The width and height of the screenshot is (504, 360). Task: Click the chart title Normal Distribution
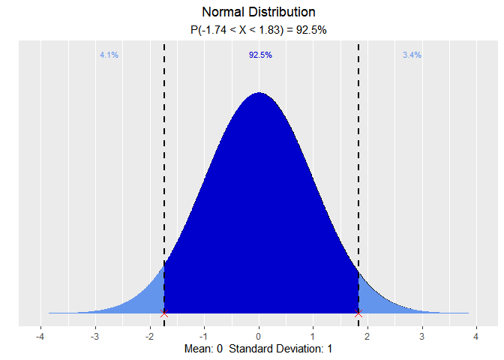pos(259,13)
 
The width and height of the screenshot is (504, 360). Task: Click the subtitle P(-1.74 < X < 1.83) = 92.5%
pos(259,30)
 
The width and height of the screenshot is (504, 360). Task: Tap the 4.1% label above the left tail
pos(109,55)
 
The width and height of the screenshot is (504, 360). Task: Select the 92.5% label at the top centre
pos(260,55)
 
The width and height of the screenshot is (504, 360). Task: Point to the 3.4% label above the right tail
pos(412,55)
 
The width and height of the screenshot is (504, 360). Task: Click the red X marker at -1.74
pos(164,313)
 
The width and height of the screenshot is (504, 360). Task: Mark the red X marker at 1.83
pos(358,313)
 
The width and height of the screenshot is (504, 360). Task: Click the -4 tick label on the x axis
pos(40,337)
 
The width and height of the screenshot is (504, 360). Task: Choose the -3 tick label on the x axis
pos(94,337)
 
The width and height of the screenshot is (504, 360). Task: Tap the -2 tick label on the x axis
pos(148,337)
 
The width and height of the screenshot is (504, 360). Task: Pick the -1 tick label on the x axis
pos(203,337)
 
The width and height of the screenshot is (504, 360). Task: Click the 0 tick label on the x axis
pos(259,337)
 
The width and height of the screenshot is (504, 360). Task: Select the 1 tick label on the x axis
pos(313,337)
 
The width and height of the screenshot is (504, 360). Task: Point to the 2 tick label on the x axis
pos(367,337)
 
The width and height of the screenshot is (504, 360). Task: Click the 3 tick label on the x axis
pos(422,337)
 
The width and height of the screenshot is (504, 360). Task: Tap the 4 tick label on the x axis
pos(476,337)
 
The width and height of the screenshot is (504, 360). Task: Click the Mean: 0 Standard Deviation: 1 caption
pos(259,349)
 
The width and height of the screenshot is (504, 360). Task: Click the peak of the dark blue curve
pos(259,94)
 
